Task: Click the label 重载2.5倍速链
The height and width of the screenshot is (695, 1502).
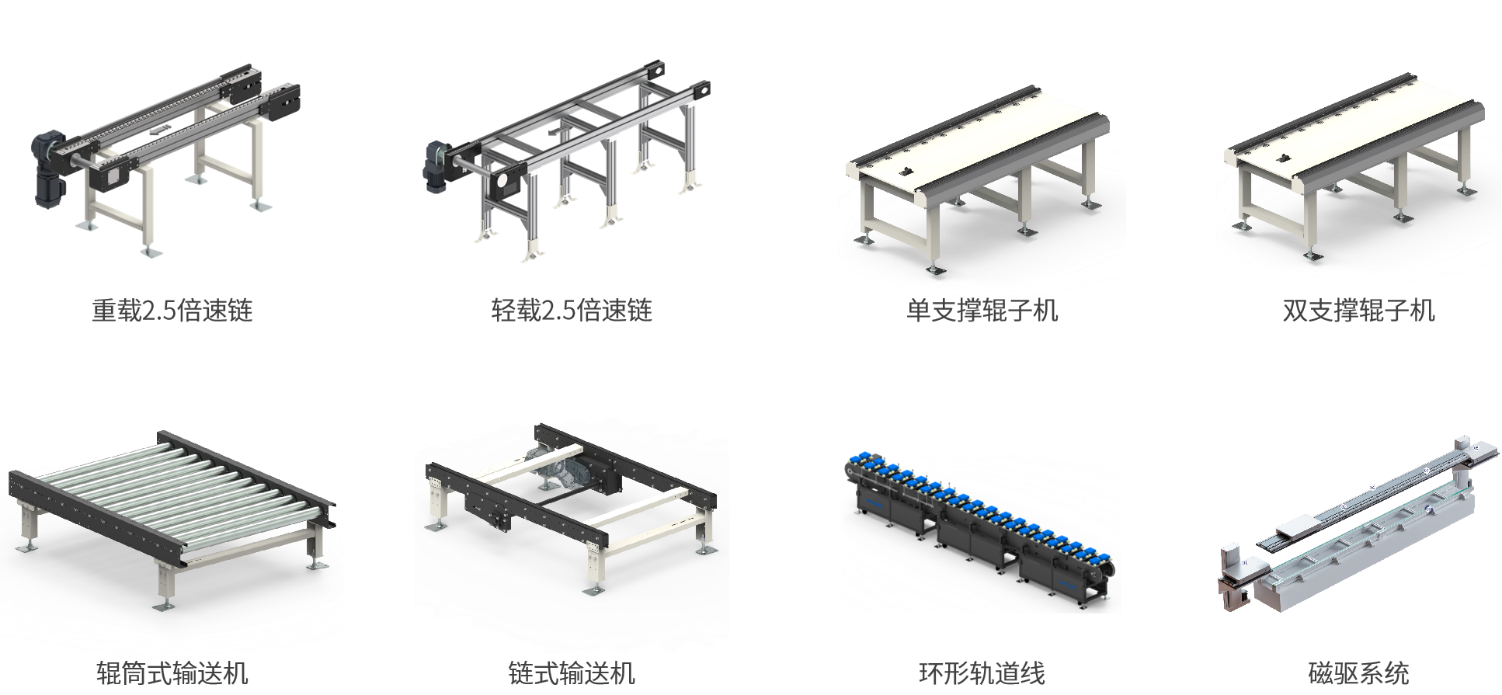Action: (x=172, y=311)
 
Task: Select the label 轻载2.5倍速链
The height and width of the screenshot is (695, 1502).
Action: (x=572, y=311)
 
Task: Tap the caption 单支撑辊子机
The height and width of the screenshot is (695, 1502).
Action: (x=982, y=311)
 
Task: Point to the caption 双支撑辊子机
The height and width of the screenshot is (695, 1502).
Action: (x=1358, y=311)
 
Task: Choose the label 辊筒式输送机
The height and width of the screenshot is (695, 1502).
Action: (x=172, y=672)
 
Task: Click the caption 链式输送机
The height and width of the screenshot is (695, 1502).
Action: (x=572, y=672)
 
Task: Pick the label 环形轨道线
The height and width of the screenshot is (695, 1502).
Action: (x=982, y=672)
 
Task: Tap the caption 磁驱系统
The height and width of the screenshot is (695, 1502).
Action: (x=1358, y=672)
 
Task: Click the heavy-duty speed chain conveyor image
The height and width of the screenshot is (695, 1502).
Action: (x=166, y=160)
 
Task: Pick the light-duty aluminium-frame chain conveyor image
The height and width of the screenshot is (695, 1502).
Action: (x=568, y=160)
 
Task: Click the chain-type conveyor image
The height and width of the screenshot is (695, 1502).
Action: (x=572, y=509)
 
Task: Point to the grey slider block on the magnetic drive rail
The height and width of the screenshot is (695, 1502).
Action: (x=1294, y=527)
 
